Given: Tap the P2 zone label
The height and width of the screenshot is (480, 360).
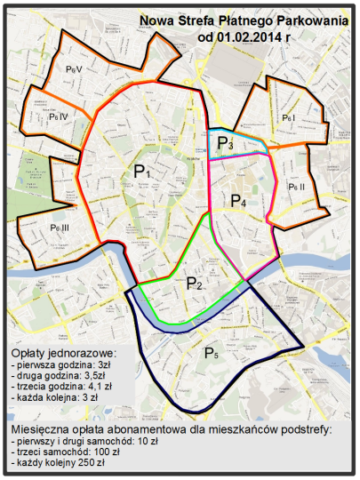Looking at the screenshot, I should pyautogui.click(x=194, y=284).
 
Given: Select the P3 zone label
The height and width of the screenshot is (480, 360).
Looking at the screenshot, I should pyautogui.click(x=225, y=143).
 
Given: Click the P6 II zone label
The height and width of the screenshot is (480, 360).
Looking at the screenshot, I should pyautogui.click(x=296, y=188).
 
